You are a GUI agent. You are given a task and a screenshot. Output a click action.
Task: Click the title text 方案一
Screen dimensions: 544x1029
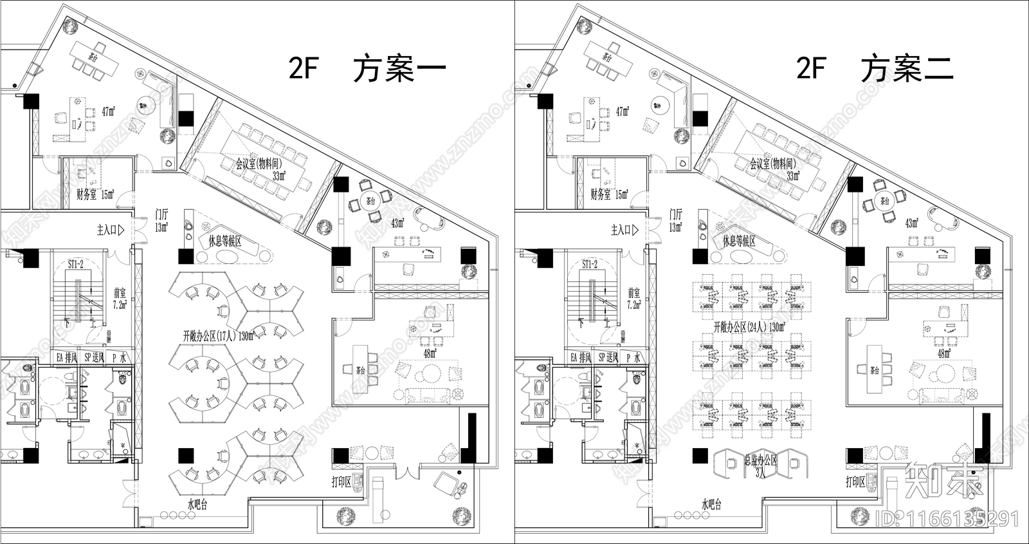(x=399, y=69)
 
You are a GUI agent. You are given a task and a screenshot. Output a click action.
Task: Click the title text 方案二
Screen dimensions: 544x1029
(x=907, y=68)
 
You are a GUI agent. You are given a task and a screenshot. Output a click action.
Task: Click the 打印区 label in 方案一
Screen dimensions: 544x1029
(x=341, y=482)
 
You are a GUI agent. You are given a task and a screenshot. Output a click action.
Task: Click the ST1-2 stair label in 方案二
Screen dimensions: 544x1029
(x=589, y=265)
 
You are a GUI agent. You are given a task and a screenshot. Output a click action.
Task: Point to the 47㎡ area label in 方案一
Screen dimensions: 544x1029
(x=107, y=111)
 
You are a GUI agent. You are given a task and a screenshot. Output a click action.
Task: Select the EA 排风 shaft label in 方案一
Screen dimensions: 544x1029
(x=67, y=357)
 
